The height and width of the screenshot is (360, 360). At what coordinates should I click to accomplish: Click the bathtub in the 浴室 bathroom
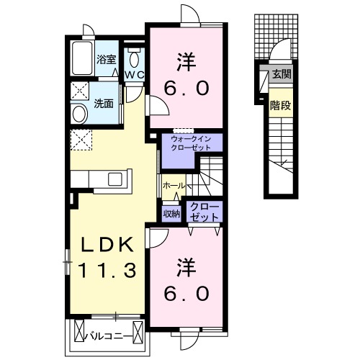click(x=82, y=58)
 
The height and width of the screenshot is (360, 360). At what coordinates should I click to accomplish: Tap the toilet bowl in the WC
click(x=134, y=59)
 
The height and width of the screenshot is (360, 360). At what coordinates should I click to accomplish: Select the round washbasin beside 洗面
click(x=79, y=114)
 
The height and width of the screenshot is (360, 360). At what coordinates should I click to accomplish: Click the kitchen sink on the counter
click(x=116, y=179)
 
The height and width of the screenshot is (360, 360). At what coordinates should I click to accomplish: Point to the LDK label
click(x=107, y=245)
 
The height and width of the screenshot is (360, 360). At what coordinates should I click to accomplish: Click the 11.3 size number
click(x=107, y=270)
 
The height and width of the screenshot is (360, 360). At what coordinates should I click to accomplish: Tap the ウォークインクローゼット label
click(x=191, y=143)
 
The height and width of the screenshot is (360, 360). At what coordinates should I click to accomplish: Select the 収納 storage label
click(x=171, y=213)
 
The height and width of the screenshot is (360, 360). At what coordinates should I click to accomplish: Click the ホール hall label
click(x=174, y=186)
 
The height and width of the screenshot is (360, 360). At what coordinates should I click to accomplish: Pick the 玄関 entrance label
click(x=282, y=74)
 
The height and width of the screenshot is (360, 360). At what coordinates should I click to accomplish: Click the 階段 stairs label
click(x=281, y=105)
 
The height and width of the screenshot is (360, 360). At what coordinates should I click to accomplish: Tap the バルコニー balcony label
click(x=109, y=336)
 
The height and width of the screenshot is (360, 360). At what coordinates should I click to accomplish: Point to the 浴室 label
click(x=107, y=60)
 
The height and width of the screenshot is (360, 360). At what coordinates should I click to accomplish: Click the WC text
click(x=135, y=75)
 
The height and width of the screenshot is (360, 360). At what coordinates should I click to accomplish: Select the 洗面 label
click(x=104, y=104)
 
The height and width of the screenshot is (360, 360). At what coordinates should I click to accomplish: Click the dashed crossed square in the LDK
click(x=81, y=140)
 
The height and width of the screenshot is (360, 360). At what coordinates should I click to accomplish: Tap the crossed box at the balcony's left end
click(x=79, y=332)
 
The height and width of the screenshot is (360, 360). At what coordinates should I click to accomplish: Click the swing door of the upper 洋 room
click(x=158, y=105)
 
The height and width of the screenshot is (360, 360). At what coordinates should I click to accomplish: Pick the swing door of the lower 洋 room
click(x=157, y=238)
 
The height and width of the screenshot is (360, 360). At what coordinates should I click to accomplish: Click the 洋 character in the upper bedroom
click(x=186, y=62)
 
